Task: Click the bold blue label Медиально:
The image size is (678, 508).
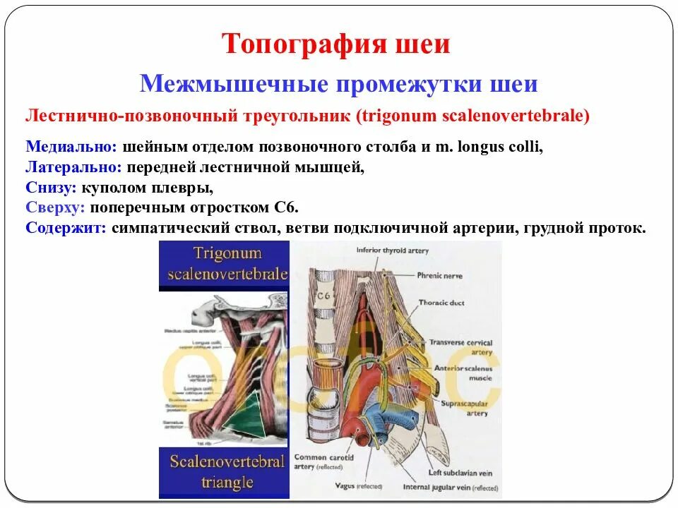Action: [x=71, y=147]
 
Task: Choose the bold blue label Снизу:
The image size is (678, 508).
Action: [x=51, y=188]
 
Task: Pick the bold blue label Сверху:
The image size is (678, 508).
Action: [x=56, y=208]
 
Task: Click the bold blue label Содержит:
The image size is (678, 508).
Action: [x=66, y=229]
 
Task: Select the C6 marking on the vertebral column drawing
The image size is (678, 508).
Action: [x=324, y=297]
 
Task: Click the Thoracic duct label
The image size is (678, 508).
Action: [x=442, y=303]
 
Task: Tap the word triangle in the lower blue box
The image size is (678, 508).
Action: [x=227, y=483]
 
